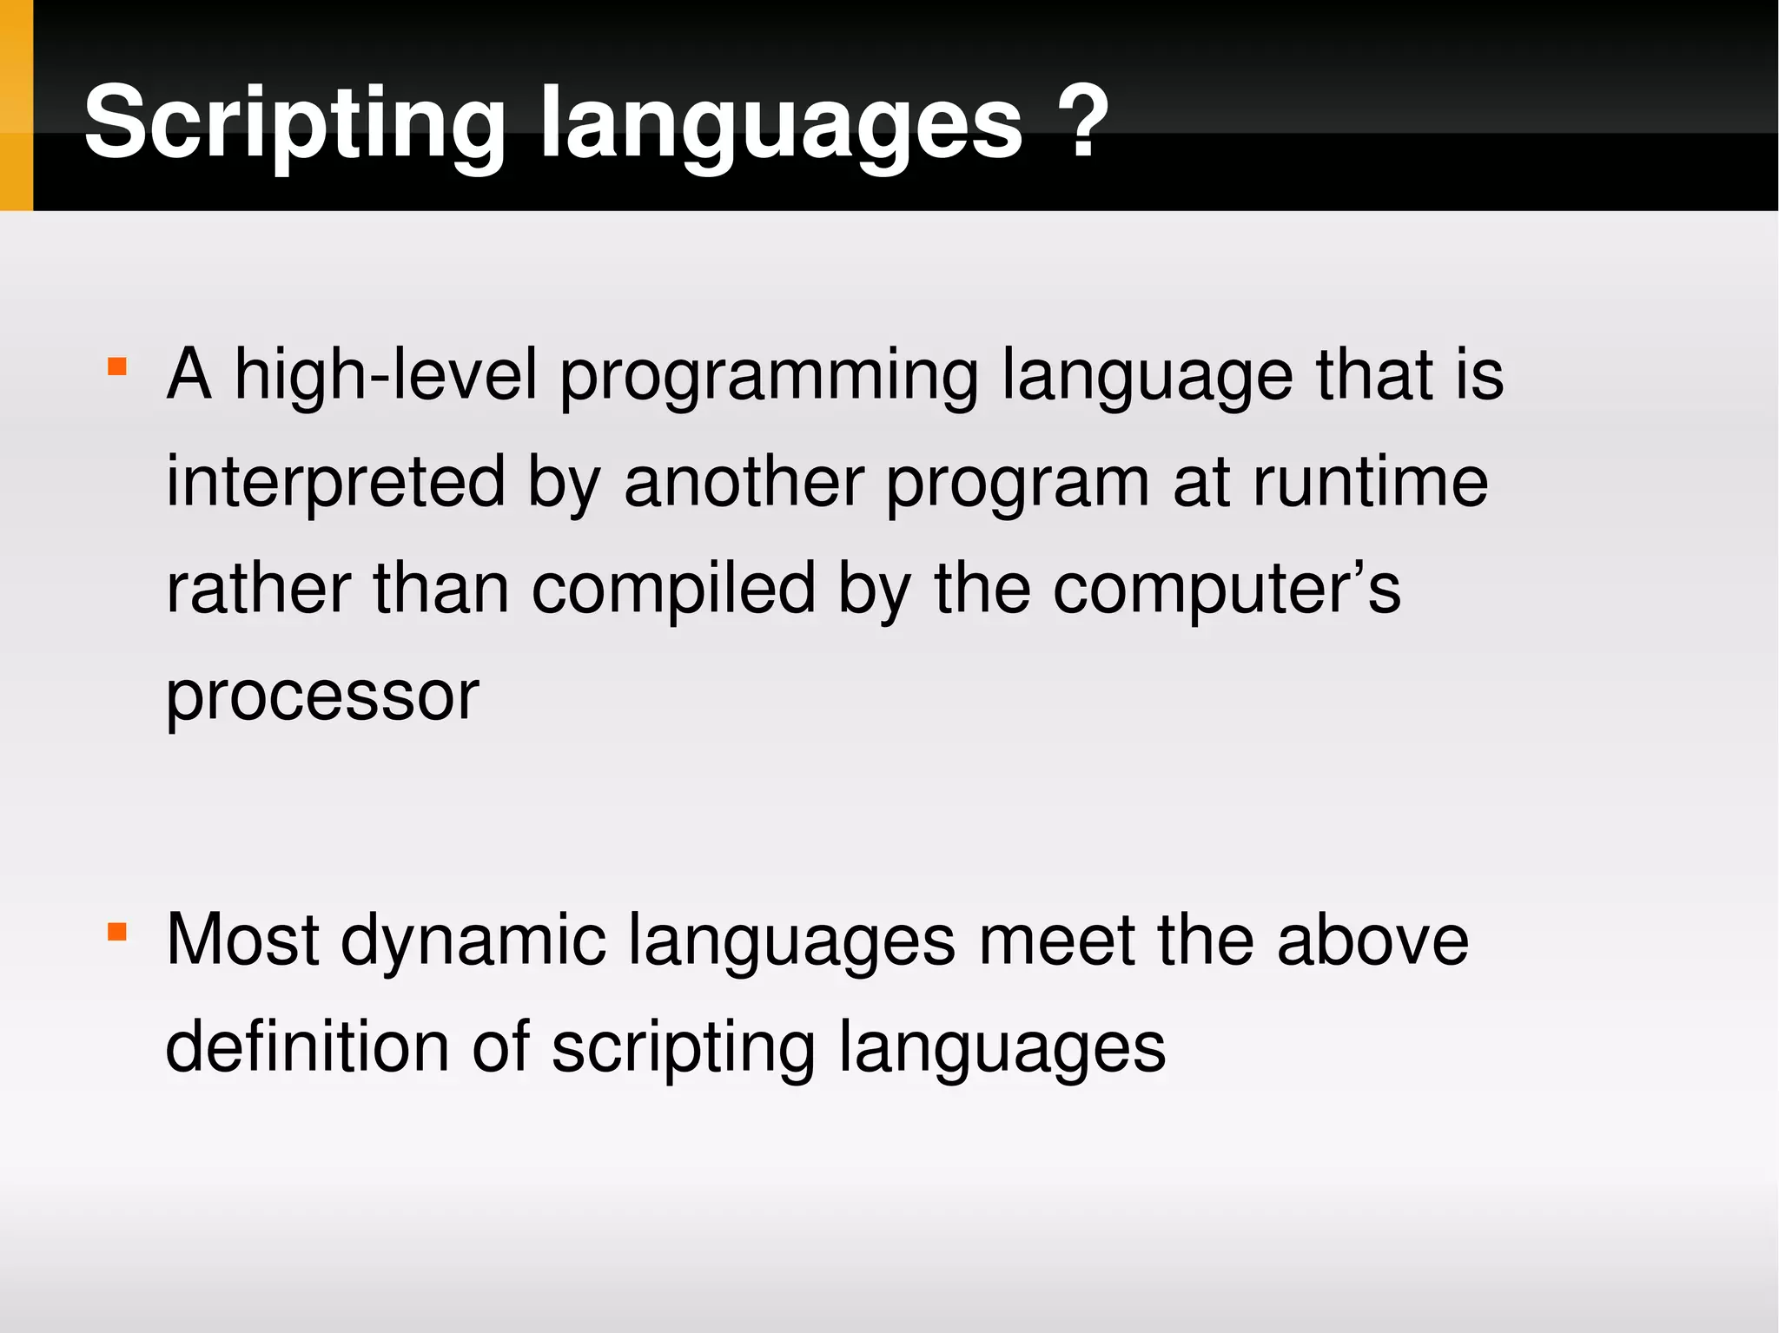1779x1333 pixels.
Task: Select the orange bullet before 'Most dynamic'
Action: coord(117,932)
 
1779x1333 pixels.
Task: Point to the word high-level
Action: coord(387,375)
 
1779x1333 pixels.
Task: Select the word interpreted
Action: coord(335,482)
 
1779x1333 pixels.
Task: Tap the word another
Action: coord(744,482)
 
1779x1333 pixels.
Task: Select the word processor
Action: coord(322,696)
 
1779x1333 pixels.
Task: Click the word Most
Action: coord(242,940)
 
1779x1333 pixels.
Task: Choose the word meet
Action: coord(1056,940)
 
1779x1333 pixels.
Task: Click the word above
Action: coord(1372,940)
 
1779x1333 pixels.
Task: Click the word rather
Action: coord(259,589)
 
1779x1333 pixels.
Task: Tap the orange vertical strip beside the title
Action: coord(16,105)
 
